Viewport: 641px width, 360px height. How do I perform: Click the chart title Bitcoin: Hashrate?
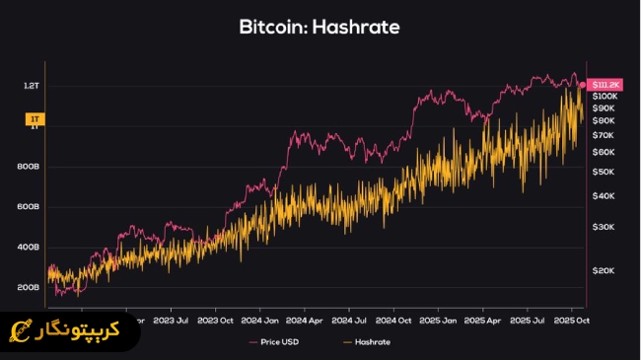coord(320,27)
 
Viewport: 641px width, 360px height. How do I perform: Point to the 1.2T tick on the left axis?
coord(32,86)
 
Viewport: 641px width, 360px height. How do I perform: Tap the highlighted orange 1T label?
coord(32,119)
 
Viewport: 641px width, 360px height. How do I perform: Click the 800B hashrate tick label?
coord(31,167)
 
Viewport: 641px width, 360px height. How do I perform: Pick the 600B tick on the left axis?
coord(31,207)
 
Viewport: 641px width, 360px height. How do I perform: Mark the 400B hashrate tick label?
coord(31,248)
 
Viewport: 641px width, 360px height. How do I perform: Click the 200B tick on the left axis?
coord(31,288)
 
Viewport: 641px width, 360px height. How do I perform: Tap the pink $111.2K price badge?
coord(605,85)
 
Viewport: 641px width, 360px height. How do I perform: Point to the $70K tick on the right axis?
coord(603,134)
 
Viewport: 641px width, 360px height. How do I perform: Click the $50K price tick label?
coord(603,172)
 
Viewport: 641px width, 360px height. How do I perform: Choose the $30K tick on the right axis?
coord(603,227)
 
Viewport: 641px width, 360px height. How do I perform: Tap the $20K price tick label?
coord(603,270)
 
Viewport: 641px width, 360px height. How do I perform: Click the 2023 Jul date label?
coord(172,320)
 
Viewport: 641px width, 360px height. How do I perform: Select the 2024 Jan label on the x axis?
coord(260,320)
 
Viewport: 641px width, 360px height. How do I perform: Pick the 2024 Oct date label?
coord(393,320)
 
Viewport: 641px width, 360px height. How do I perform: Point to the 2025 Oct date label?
coord(571,320)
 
